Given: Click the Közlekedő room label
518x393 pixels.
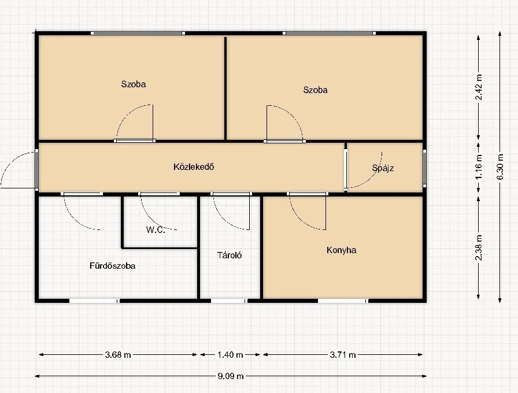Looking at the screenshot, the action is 194,167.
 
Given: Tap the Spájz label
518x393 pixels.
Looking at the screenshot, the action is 383,168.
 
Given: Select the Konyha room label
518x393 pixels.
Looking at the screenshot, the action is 341,250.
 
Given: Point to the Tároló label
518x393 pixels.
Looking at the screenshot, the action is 230,255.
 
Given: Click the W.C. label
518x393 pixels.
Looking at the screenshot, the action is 156,230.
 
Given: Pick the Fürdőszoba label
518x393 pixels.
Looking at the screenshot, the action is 112,266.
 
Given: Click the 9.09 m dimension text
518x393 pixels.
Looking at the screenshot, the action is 231,376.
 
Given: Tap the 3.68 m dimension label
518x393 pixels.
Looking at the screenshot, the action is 118,355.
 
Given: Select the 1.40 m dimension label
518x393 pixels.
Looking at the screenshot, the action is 230,355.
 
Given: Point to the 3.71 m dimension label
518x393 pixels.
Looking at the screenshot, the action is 343,355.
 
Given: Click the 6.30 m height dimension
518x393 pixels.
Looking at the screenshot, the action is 500,167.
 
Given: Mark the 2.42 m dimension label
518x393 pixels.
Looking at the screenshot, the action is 478,87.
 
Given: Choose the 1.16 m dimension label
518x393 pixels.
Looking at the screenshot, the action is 478,167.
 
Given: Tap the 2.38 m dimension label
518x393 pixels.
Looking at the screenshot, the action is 478,248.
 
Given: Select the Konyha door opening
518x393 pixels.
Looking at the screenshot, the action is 308,194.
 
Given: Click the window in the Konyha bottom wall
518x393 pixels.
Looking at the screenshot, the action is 343,301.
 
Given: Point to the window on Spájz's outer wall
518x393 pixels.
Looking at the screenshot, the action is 424,167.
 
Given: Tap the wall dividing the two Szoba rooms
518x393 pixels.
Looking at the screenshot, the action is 225,88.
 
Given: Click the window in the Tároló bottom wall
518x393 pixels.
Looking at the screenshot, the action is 229,301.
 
